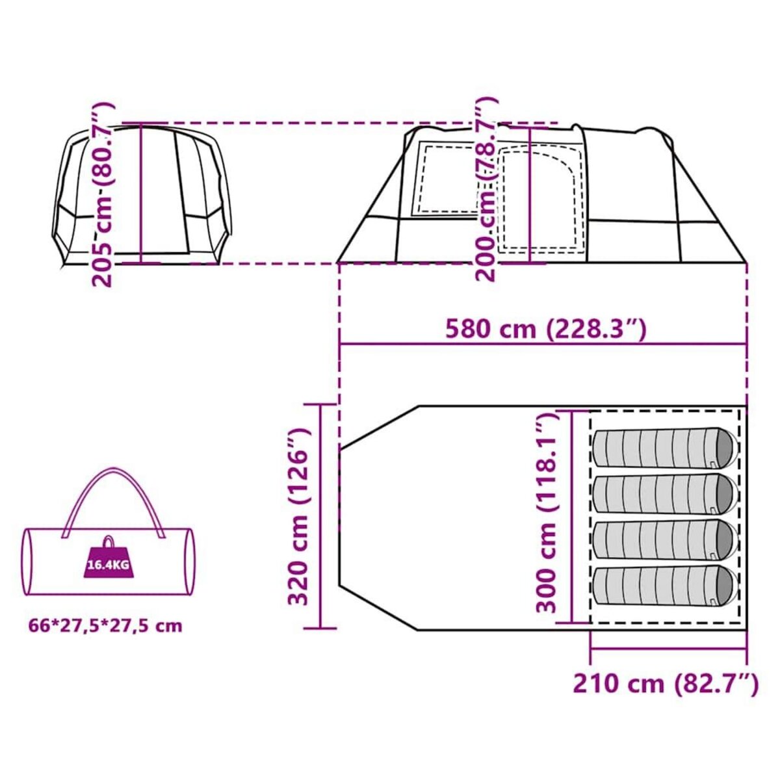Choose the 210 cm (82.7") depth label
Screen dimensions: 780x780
point(665,683)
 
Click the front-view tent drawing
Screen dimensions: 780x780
point(141,195)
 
